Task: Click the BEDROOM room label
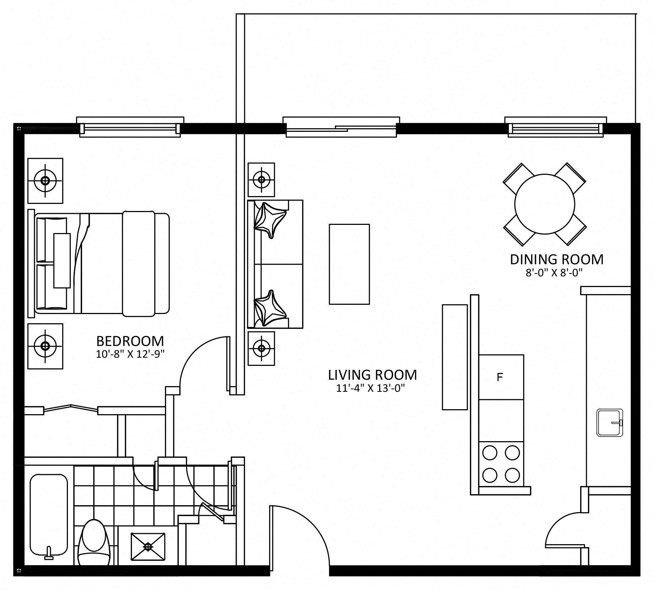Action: [130, 341]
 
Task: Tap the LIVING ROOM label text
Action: [372, 375]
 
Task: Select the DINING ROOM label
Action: [557, 260]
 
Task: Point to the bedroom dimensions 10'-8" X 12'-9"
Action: [130, 354]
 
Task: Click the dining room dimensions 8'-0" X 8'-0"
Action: [555, 273]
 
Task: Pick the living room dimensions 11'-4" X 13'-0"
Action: [371, 388]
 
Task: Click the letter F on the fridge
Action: [500, 377]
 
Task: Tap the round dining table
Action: [545, 204]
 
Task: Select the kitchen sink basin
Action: [610, 423]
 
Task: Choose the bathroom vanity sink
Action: [148, 546]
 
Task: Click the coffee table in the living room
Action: [349, 264]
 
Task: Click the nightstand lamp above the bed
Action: [45, 181]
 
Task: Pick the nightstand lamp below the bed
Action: [45, 346]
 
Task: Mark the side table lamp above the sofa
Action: [261, 180]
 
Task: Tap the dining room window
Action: [556, 127]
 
